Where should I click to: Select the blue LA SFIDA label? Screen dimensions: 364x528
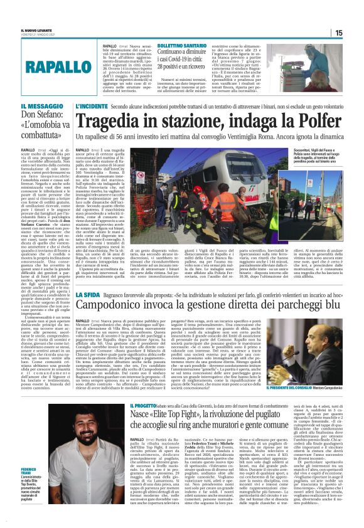tap(88, 294)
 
